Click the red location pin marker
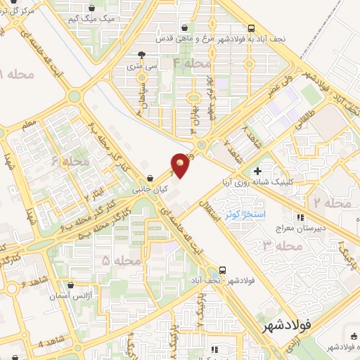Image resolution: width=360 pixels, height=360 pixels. [181, 165]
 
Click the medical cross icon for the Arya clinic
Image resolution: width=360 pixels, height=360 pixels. [257, 171]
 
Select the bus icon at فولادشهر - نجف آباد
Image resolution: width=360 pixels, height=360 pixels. [223, 269]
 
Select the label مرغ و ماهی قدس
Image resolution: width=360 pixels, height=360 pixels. [210, 39]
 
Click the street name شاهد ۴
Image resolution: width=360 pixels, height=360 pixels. [46, 343]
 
